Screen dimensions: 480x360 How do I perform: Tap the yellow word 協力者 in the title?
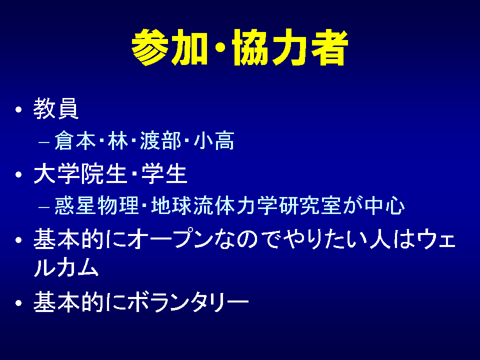click(x=290, y=47)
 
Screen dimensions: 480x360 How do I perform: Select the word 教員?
click(x=55, y=108)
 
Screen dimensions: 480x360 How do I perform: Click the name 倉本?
click(x=75, y=141)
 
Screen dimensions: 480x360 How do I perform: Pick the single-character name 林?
click(x=118, y=141)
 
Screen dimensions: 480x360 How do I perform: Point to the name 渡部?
click(x=160, y=141)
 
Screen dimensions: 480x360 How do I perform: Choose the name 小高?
click(x=214, y=141)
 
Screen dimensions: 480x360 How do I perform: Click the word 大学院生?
click(x=80, y=173)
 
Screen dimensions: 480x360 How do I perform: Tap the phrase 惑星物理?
click(x=96, y=205)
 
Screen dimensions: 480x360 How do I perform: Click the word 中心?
click(x=384, y=205)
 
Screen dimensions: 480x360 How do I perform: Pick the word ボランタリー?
click(x=188, y=302)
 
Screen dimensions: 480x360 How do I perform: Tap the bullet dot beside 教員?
click(x=19, y=109)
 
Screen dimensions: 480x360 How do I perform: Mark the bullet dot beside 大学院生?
click(x=19, y=174)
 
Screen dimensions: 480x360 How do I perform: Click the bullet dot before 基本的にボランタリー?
click(x=19, y=303)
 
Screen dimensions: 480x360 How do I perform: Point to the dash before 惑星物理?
click(x=44, y=207)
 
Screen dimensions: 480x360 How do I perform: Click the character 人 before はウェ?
click(x=380, y=239)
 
